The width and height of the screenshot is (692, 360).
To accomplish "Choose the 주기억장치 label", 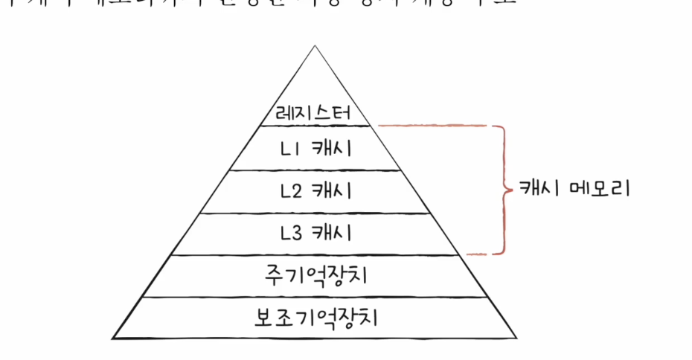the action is click(316, 276).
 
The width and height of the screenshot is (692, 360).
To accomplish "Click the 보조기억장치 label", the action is click(316, 318).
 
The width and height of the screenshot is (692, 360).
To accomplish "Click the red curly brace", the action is click(505, 189).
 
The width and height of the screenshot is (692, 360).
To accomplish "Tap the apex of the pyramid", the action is click(315, 46).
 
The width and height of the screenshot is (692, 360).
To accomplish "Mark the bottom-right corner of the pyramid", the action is click(516, 338).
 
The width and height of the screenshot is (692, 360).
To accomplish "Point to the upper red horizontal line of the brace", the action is click(439, 126).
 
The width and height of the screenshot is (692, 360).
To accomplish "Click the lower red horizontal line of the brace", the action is click(484, 254).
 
